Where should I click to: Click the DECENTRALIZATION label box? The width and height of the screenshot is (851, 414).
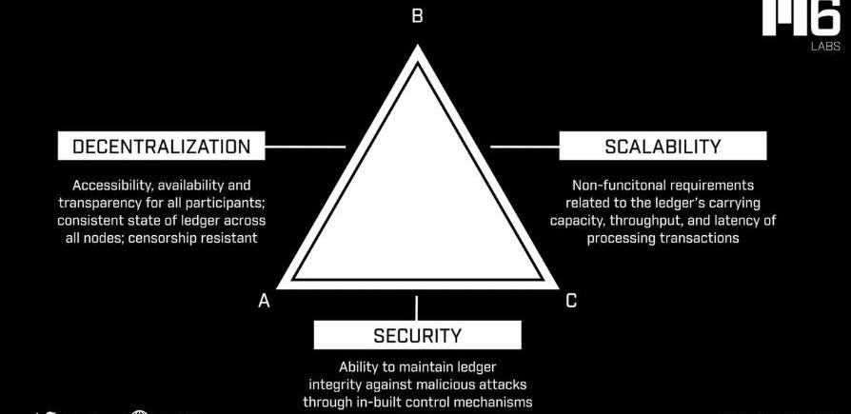click(162, 147)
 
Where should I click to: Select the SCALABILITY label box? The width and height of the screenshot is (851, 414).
click(663, 147)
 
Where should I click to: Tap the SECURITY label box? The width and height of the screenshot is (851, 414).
click(417, 335)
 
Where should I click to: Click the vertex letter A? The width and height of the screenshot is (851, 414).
click(265, 301)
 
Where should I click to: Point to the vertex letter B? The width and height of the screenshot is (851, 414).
click(416, 16)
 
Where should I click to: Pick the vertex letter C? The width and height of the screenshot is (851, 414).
click(571, 301)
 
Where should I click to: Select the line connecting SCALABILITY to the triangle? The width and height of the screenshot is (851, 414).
click(524, 147)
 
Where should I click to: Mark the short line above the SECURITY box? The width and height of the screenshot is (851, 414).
click(416, 307)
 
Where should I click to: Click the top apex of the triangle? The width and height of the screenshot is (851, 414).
click(416, 48)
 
